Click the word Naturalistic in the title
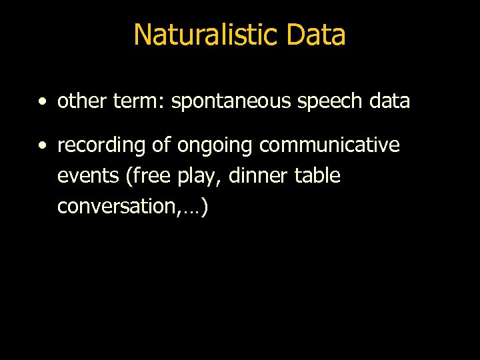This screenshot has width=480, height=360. (x=204, y=35)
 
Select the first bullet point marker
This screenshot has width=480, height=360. (x=43, y=102)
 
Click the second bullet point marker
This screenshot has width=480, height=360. (x=43, y=146)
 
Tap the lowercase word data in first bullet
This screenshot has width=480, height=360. (x=389, y=101)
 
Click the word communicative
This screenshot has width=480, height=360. (x=329, y=145)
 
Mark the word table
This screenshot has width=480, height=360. (x=317, y=176)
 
